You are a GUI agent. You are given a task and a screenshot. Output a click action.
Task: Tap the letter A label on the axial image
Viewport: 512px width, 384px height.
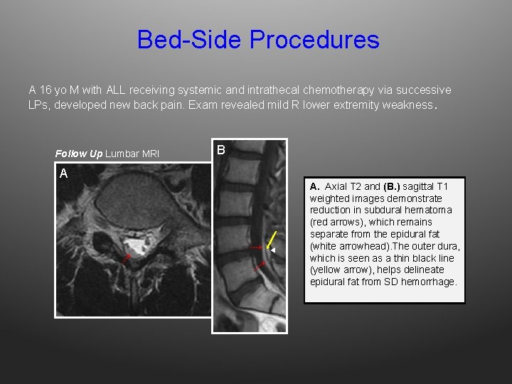pos(64,174)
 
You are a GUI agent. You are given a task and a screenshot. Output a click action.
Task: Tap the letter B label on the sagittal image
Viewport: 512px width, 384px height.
pos(221,150)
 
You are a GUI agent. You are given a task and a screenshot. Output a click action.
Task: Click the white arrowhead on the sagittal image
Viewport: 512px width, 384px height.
pos(273,250)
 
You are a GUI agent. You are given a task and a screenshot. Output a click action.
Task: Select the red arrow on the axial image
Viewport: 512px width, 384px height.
pos(125,258)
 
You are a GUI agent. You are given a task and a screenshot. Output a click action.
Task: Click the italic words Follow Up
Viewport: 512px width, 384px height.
pos(78,154)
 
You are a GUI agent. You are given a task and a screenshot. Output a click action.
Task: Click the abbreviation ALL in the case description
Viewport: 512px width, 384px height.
pos(114,90)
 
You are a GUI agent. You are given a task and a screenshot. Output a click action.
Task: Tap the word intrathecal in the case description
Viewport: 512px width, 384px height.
pos(273,90)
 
